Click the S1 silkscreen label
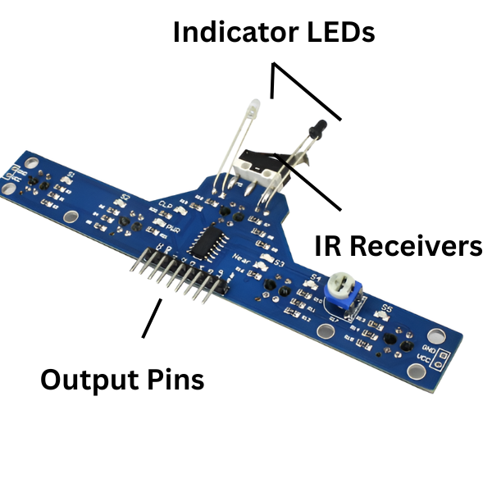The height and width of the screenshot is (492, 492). coord(71,175)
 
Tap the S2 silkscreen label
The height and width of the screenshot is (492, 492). coord(126,197)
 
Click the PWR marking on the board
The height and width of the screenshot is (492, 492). coord(173,229)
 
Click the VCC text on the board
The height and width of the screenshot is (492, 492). coord(424,358)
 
